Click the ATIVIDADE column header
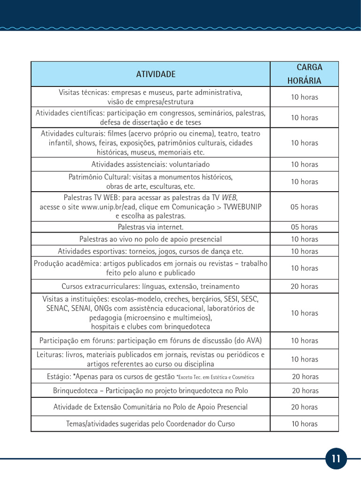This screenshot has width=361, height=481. tap(156, 74)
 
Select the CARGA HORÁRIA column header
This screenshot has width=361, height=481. tap(304, 74)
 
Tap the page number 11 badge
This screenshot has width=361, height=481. tap(336, 459)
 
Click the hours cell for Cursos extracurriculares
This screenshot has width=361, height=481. tap(304, 287)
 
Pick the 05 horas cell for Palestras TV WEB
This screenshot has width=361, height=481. tap(304, 207)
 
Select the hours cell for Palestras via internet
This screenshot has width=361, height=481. tap(304, 227)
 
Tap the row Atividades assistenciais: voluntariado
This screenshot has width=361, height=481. tap(150, 164)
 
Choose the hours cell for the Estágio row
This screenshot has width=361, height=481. tap(305, 377)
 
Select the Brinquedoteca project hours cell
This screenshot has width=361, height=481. tap(305, 391)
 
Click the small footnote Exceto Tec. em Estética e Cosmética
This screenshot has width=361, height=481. tap(215, 377)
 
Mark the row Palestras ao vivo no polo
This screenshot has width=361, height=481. tap(150, 240)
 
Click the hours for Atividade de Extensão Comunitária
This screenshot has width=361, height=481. tap(304, 407)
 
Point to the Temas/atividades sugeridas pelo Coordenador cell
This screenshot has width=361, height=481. tap(150, 424)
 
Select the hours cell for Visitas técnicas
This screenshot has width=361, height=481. tap(304, 97)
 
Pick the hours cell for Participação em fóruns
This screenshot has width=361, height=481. tap(304, 341)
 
